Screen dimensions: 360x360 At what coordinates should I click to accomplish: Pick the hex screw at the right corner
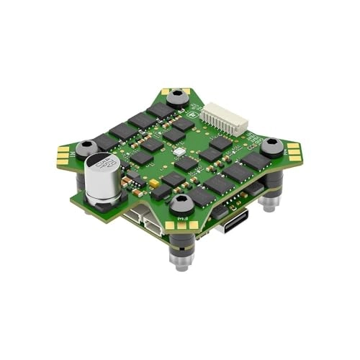272,148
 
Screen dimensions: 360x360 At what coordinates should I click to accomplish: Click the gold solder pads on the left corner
64,153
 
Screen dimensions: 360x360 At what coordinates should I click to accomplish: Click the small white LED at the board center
181,153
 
